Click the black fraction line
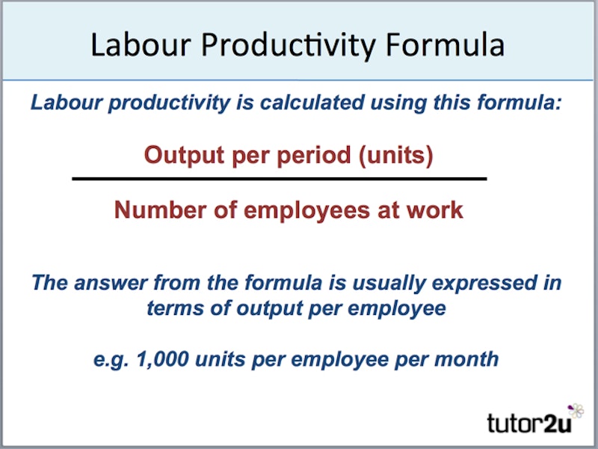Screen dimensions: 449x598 point(279,179)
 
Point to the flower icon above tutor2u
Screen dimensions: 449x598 point(576,409)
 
